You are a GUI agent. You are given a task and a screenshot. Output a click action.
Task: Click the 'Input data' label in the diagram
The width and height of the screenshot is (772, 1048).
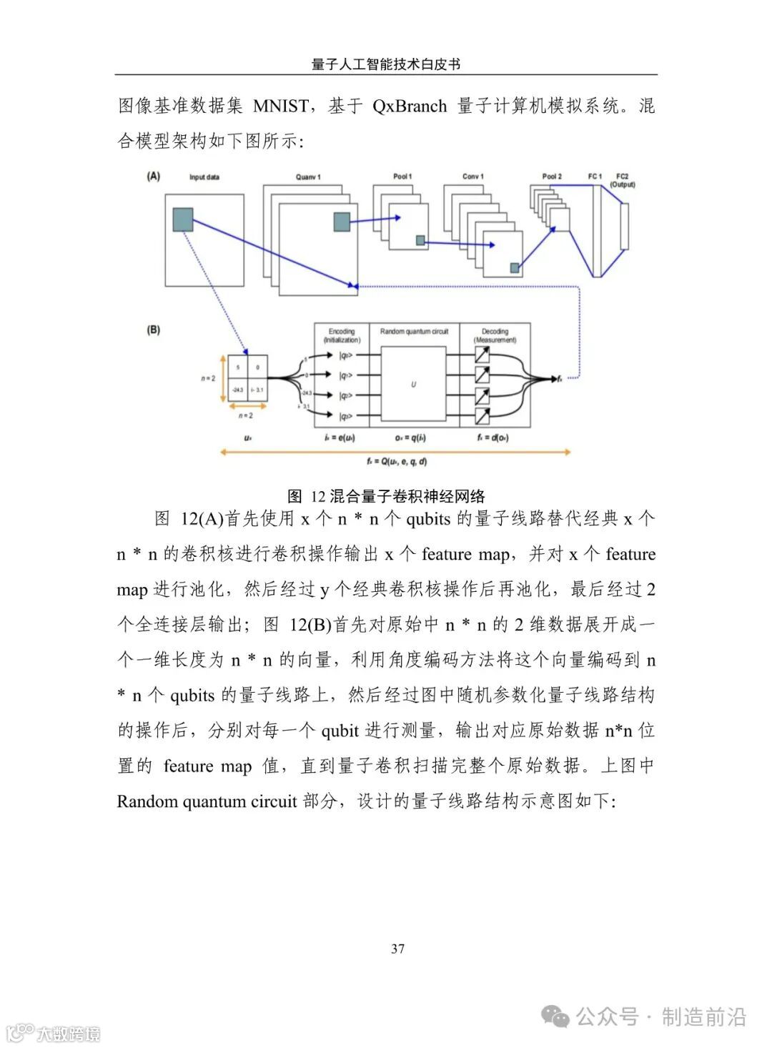(x=204, y=177)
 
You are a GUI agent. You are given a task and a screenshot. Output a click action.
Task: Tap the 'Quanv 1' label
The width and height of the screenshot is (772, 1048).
(x=308, y=177)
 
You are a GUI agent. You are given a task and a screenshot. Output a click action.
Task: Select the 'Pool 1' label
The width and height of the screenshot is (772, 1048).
(x=402, y=177)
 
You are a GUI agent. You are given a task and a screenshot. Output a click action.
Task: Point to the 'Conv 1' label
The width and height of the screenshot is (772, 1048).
(x=472, y=177)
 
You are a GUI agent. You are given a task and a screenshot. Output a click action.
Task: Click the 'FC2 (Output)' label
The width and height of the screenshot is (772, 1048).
(x=622, y=180)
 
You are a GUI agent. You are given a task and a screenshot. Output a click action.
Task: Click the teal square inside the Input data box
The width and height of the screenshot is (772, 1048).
(x=183, y=219)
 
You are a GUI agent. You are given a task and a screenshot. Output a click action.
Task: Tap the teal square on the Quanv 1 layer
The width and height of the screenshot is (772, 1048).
(x=342, y=222)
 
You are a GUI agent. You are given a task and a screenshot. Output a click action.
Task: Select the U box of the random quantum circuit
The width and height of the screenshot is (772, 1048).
(x=413, y=385)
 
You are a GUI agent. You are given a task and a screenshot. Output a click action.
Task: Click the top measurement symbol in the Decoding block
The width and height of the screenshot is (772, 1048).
(x=482, y=355)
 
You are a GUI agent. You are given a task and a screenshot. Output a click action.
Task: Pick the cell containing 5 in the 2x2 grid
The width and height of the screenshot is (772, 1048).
(x=238, y=367)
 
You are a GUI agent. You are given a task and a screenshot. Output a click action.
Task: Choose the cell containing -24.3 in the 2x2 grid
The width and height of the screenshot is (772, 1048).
(x=238, y=390)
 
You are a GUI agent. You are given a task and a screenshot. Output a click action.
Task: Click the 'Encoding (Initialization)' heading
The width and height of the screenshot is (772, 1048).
(x=342, y=335)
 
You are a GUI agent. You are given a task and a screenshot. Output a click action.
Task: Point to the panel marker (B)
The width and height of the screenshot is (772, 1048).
(x=153, y=330)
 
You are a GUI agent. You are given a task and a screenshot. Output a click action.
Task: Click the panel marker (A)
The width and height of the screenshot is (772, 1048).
(x=153, y=176)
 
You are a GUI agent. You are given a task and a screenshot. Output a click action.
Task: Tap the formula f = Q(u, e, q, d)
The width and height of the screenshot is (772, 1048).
(x=396, y=462)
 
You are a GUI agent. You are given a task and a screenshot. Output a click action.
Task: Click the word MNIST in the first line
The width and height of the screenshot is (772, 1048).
(x=281, y=107)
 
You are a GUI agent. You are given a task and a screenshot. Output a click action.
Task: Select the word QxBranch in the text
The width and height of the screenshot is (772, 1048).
(x=409, y=107)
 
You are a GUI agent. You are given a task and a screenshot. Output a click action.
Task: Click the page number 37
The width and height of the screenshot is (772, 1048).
(x=398, y=949)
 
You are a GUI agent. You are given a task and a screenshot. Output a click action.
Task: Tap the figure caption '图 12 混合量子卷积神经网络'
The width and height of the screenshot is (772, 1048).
(x=386, y=496)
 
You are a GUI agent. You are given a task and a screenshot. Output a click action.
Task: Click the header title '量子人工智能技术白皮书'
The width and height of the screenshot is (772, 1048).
(x=386, y=64)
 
